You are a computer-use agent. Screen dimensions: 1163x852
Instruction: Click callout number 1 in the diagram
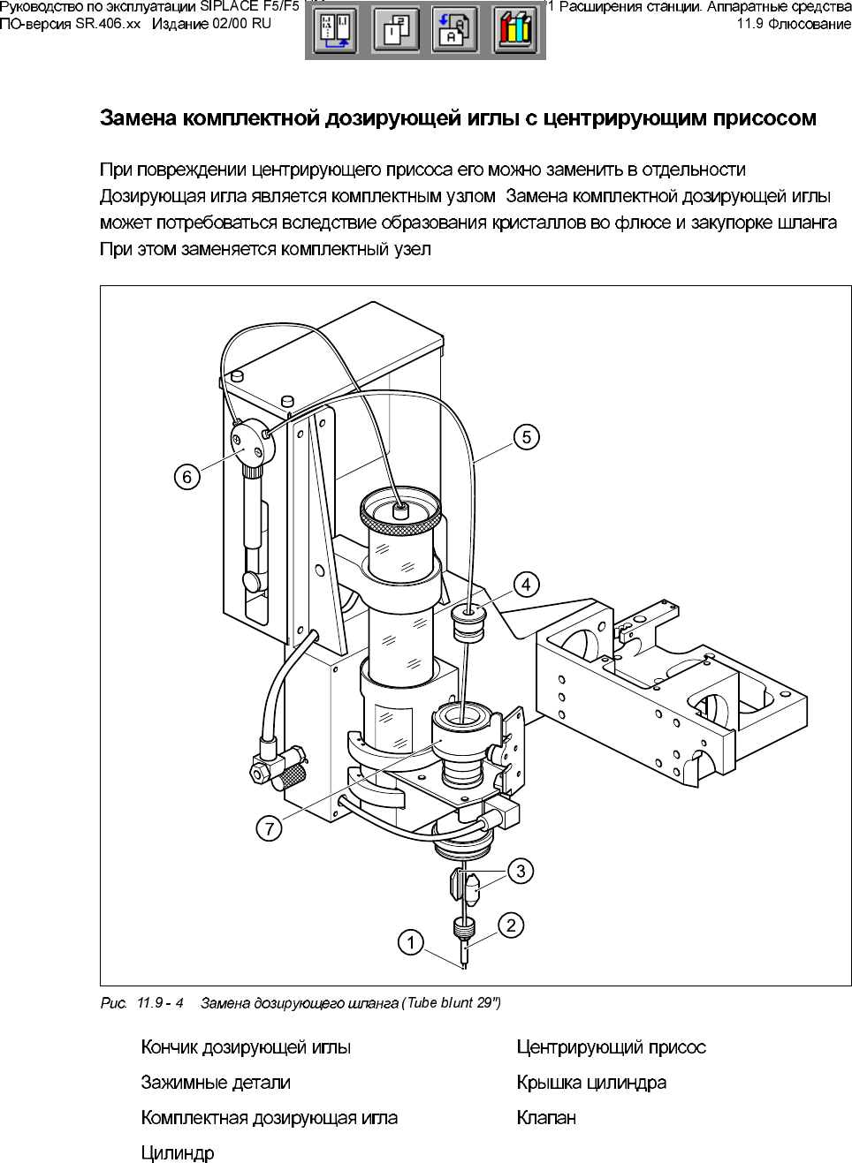[411, 943]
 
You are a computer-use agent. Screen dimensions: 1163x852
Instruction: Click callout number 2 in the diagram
[511, 925]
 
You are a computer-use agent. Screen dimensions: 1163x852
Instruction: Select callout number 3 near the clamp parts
[521, 871]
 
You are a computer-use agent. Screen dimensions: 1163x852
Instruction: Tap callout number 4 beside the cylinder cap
[526, 584]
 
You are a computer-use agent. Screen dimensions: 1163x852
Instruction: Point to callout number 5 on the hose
[526, 437]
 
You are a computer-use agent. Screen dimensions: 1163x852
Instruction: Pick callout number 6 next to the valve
[186, 477]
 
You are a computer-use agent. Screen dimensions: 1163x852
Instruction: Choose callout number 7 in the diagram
[270, 828]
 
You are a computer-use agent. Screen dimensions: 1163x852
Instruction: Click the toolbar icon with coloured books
[515, 31]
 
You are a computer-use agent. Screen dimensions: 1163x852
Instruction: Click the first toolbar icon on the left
[336, 31]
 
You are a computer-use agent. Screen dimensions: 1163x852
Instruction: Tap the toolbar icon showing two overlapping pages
[395, 31]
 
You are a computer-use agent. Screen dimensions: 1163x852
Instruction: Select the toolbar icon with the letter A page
[455, 31]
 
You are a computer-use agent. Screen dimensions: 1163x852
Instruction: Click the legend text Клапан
[546, 1118]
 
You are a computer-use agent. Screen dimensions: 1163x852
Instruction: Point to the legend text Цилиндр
[178, 1153]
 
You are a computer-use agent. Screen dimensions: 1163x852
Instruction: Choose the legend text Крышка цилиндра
[591, 1083]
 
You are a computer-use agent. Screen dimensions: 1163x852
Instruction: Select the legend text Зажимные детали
[216, 1083]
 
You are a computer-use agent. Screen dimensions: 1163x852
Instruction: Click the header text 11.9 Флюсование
[794, 24]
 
